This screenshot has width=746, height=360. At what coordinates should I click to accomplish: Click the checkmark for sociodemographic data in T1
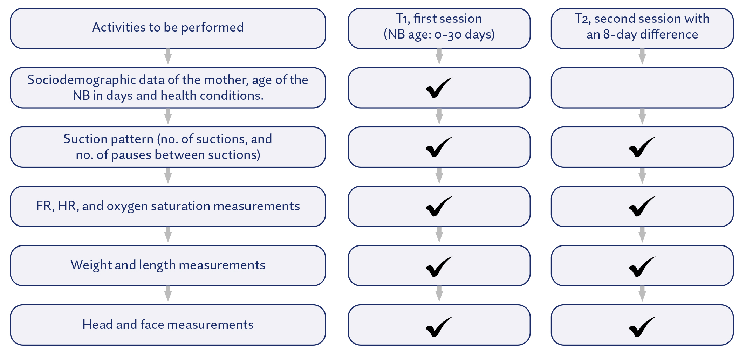click(438, 88)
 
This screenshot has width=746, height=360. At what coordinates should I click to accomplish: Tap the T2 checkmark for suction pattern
click(642, 147)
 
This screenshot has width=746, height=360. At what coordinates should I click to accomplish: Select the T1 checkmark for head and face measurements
click(438, 327)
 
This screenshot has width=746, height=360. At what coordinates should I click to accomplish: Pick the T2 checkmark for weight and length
click(642, 266)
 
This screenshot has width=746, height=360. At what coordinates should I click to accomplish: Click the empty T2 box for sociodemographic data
click(642, 88)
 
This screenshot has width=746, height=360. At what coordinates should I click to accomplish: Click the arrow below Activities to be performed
click(168, 56)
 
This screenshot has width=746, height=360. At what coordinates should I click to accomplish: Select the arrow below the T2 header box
click(642, 56)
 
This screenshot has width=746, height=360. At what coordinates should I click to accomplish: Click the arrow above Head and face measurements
click(168, 293)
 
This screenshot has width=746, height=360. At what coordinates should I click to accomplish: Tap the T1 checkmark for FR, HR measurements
click(438, 207)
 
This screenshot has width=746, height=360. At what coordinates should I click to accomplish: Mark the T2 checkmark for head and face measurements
click(642, 327)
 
